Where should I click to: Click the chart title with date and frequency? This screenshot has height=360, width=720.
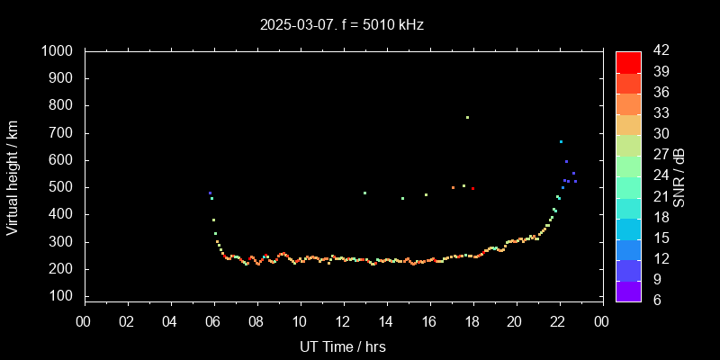(x=342, y=24)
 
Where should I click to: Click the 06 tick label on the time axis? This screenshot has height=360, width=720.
(x=213, y=322)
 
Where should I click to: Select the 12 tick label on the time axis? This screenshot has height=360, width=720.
(x=343, y=322)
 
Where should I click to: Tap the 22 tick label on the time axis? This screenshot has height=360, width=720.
(x=559, y=322)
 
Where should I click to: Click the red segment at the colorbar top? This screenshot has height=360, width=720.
(x=628, y=61)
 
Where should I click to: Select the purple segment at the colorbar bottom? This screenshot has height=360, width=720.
(x=628, y=290)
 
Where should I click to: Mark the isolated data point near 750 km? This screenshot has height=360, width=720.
(x=467, y=117)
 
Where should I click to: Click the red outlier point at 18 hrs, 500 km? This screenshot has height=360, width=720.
(x=472, y=188)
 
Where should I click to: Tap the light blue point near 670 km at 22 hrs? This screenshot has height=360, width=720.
(x=561, y=141)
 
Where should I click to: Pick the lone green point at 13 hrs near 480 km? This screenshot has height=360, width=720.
(x=364, y=193)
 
